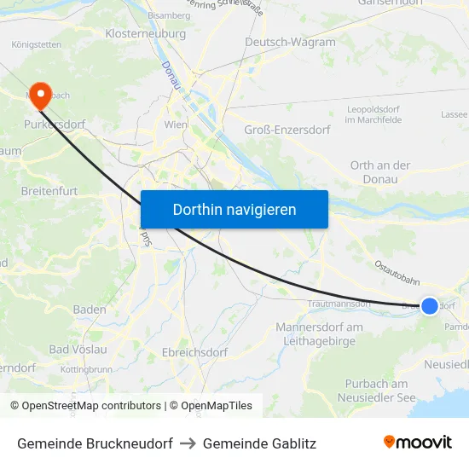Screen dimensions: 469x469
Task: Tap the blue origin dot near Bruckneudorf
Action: tap(430, 305)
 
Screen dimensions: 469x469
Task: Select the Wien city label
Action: tap(175, 124)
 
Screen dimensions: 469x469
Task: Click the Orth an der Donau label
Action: tap(379, 171)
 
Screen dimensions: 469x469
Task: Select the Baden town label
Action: tap(90, 310)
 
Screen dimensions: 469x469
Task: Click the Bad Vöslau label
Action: tap(78, 349)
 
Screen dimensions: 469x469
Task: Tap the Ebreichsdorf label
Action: tap(194, 352)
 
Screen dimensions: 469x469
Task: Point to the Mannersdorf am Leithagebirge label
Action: tap(319, 333)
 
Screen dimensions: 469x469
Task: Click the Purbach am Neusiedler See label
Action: tap(377, 391)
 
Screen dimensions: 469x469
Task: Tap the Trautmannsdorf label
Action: tap(339, 303)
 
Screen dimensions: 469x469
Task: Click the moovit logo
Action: tap(417, 442)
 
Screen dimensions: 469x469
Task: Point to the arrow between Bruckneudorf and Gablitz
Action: tap(188, 443)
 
